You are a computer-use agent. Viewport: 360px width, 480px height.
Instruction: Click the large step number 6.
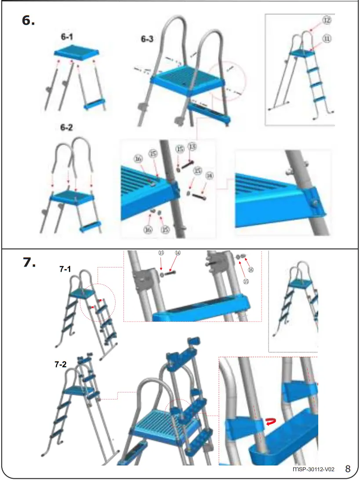(29, 21)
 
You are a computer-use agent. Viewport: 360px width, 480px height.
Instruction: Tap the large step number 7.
(29, 262)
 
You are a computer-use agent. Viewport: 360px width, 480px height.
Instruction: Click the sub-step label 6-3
(147, 39)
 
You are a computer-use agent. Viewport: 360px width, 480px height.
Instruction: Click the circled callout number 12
(326, 20)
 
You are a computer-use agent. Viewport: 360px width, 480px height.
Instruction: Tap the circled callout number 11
(327, 39)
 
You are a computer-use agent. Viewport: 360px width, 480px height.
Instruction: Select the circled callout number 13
(192, 146)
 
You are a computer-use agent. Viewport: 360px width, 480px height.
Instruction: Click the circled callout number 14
(178, 253)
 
